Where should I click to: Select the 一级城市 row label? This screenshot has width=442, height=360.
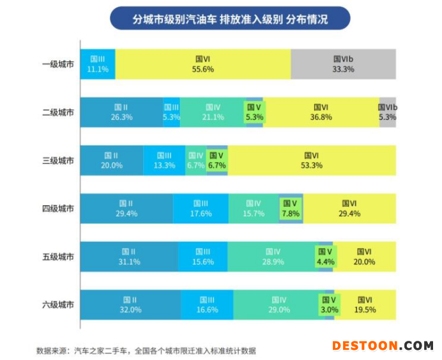(x=57, y=64)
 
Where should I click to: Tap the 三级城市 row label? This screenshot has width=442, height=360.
(x=57, y=160)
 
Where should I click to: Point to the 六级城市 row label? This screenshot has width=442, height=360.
(x=57, y=305)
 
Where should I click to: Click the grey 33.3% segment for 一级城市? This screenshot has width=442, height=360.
(x=343, y=64)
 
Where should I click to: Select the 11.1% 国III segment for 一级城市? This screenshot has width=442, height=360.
(x=98, y=64)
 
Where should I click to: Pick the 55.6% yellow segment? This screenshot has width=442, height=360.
(x=202, y=64)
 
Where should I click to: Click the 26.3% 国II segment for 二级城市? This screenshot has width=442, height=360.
(x=121, y=112)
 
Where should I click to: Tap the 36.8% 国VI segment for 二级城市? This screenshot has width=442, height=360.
(x=321, y=112)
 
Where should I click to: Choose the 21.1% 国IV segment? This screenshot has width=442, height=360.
(x=213, y=112)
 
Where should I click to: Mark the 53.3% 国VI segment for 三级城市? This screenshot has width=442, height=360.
(x=312, y=160)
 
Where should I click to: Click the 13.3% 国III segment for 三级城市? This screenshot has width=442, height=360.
(x=164, y=160)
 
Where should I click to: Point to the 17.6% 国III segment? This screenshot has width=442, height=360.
(x=201, y=208)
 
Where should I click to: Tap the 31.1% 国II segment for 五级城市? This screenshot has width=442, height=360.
(x=129, y=256)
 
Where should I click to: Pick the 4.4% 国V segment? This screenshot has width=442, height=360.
(x=325, y=256)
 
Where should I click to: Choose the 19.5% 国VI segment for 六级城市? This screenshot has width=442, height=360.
(x=365, y=305)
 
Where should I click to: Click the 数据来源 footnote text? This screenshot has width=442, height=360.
(x=146, y=350)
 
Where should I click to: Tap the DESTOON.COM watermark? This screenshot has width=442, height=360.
(x=382, y=346)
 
